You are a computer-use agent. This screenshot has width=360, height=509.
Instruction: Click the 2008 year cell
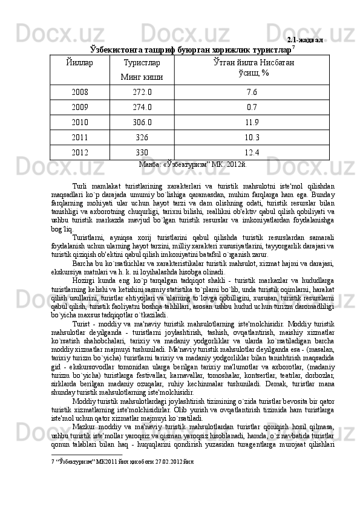(79, 92)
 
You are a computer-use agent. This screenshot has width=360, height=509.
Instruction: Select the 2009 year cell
(79, 108)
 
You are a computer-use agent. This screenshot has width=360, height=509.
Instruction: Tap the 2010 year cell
(79, 122)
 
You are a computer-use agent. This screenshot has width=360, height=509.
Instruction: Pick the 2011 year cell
(79, 137)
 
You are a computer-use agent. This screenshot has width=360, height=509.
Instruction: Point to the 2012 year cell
(79, 152)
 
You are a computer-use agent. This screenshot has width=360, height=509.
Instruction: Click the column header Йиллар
(79, 62)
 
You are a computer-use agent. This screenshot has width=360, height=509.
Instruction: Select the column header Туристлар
(142, 62)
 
